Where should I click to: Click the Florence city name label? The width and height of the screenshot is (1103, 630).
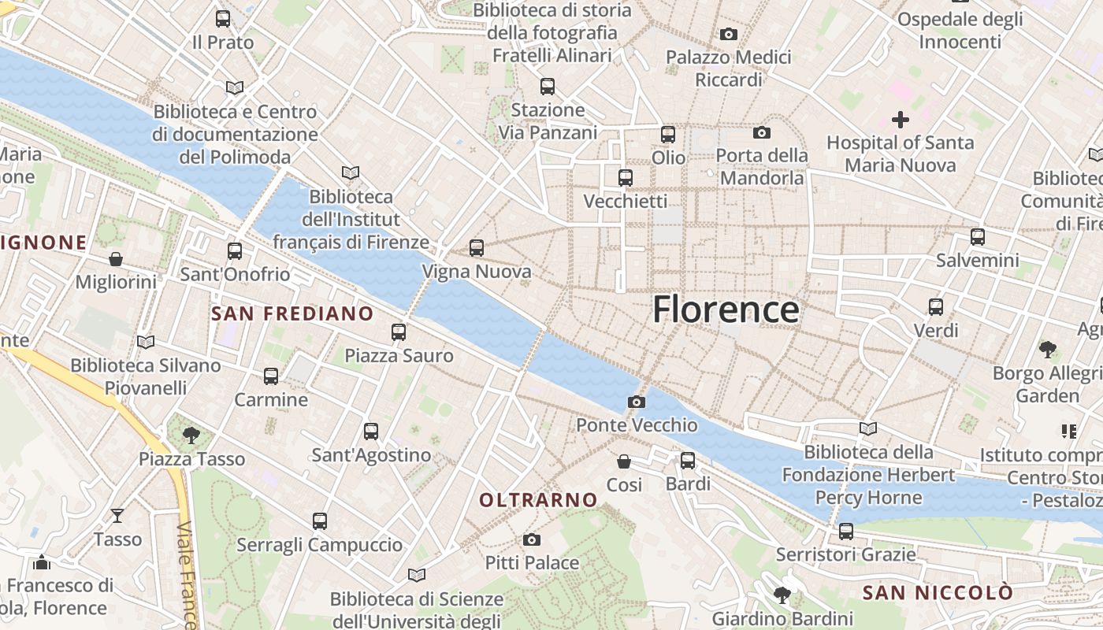(726, 309)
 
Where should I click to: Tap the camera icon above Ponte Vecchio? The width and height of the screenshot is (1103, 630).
(637, 402)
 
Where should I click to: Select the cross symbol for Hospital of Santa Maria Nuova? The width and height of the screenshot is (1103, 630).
(900, 120)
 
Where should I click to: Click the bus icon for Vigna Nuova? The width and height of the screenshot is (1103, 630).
(476, 248)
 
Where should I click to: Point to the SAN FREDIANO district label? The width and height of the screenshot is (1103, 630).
(292, 313)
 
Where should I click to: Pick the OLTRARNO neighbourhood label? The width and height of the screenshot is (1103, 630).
(538, 500)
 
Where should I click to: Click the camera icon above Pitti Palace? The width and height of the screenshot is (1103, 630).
(532, 539)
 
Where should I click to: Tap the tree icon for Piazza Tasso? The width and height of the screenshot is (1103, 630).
(191, 435)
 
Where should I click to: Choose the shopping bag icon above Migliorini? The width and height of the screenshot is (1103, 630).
(116, 259)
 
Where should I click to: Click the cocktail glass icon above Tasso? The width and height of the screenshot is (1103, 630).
(117, 516)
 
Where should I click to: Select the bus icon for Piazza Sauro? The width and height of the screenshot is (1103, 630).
(399, 332)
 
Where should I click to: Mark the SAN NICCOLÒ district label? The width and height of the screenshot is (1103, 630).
(937, 592)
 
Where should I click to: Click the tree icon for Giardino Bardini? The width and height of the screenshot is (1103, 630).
(782, 595)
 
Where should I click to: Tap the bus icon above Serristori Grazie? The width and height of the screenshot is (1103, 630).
(845, 531)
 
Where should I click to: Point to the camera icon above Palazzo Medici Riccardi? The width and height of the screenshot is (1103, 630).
(729, 34)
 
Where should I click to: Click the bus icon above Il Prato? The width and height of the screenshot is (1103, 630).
(223, 19)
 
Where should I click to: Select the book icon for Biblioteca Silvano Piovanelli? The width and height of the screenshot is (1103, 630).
(145, 342)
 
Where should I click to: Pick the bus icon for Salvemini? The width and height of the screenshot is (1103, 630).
(977, 236)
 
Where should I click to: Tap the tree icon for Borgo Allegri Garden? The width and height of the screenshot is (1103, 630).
(1047, 349)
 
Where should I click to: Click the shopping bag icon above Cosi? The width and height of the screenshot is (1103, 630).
(624, 461)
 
